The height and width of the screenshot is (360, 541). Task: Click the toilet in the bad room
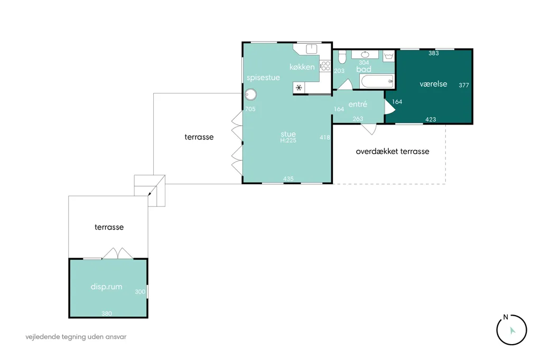(342, 57)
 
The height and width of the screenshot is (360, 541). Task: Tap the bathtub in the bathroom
(377, 81)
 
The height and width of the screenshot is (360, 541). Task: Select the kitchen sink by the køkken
(312, 49)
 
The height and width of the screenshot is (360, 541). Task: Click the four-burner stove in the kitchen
(325, 66)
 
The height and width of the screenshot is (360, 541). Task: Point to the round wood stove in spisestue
(251, 94)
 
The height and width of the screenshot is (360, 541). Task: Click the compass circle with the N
(511, 330)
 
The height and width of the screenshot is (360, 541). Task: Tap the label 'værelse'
(433, 84)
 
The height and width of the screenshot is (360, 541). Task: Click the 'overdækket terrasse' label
(393, 151)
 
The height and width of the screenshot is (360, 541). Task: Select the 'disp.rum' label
(106, 287)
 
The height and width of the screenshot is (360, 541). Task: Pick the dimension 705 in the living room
(250, 109)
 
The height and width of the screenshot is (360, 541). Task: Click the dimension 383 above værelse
(434, 53)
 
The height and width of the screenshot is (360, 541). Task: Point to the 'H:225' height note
(288, 140)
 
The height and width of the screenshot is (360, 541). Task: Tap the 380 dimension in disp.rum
(107, 314)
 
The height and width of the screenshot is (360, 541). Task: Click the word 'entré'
(358, 104)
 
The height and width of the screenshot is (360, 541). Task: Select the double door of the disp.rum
(118, 253)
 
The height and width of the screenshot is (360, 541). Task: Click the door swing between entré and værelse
(389, 107)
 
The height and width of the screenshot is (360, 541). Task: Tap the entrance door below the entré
(369, 129)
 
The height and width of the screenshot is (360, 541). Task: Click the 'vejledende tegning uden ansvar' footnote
(76, 337)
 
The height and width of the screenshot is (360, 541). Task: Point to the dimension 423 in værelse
(431, 119)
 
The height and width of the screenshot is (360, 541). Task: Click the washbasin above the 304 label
(365, 54)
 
